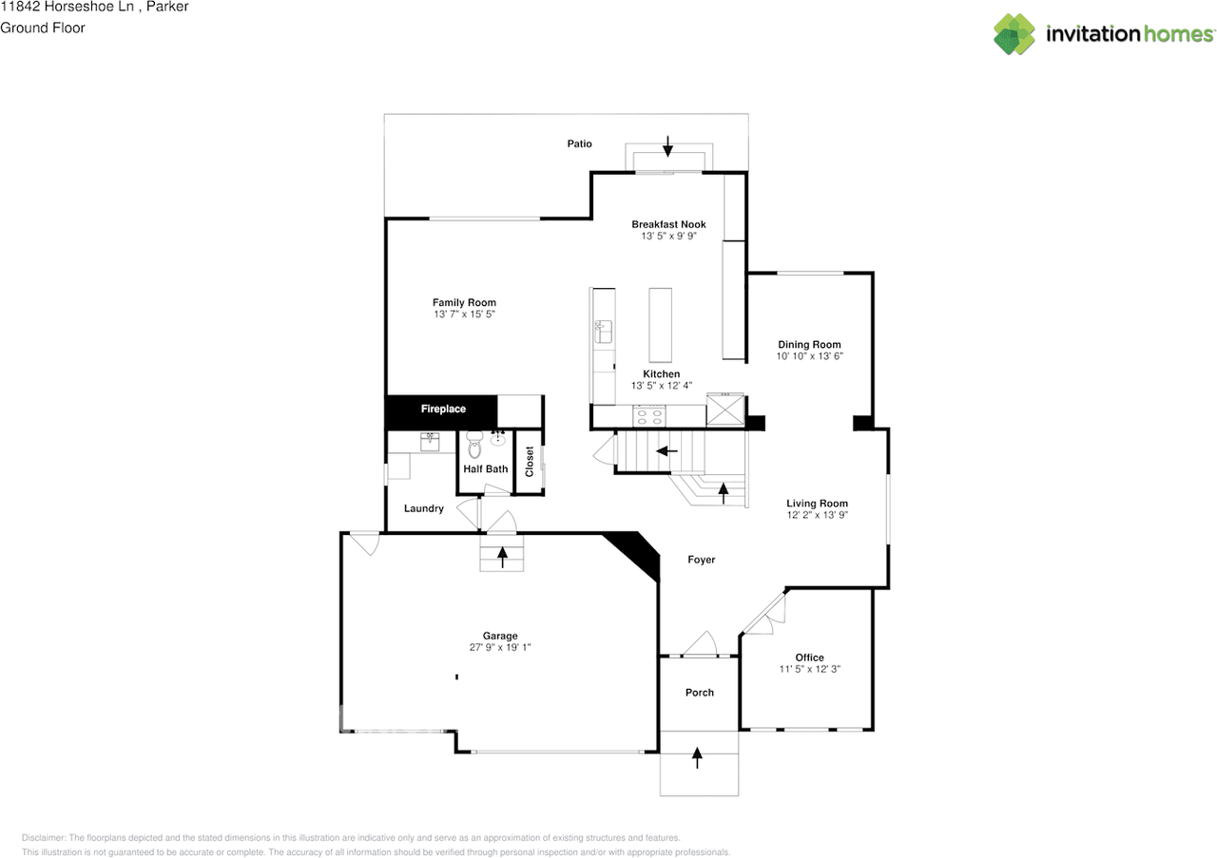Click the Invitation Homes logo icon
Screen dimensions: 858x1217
(1014, 34)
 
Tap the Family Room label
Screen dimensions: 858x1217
(464, 302)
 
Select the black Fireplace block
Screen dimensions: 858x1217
(441, 410)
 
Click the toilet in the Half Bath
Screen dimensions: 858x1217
(474, 446)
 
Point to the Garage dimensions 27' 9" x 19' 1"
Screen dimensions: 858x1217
(499, 647)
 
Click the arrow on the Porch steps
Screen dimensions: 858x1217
(698, 757)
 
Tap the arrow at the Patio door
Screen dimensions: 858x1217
(667, 145)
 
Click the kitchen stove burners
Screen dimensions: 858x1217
(651, 415)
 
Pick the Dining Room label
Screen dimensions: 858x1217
(809, 345)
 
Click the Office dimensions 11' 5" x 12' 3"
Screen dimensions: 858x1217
(809, 669)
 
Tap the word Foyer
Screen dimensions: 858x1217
(701, 560)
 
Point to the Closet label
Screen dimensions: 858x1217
(529, 461)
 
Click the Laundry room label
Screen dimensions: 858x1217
(423, 508)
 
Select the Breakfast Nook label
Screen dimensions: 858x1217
(668, 224)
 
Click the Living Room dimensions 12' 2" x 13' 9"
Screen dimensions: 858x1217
(817, 515)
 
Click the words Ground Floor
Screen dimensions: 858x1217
(43, 28)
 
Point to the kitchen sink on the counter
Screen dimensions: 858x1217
(603, 330)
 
